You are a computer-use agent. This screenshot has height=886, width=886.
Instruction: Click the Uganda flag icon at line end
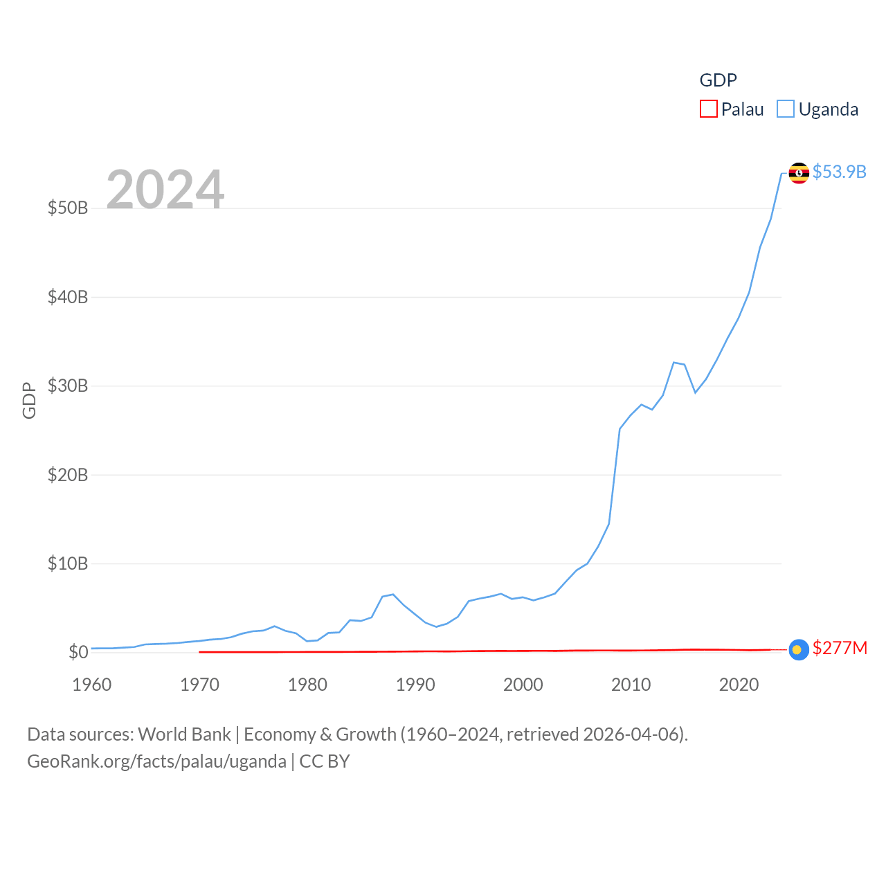[x=799, y=172]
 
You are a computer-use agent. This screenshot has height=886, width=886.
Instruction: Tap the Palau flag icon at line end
[x=799, y=649]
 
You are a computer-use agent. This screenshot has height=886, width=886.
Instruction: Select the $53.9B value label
[x=839, y=172]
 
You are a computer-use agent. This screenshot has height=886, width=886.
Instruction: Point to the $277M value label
[x=840, y=648]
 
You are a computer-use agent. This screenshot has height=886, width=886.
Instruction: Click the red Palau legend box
[x=708, y=109]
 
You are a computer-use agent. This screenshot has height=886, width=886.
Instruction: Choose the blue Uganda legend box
[x=786, y=109]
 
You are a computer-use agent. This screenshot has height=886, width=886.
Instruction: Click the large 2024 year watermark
[x=165, y=190]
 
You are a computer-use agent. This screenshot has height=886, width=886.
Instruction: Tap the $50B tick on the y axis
[x=68, y=208]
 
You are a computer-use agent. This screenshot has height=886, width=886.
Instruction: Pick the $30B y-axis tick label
[x=68, y=386]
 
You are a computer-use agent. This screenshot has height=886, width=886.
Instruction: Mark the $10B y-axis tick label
[x=68, y=563]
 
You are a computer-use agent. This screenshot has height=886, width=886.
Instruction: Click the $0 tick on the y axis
[x=78, y=652]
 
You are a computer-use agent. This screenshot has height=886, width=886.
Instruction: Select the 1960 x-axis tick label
[x=92, y=685]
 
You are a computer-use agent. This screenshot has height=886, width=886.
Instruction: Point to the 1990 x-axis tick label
[x=415, y=685]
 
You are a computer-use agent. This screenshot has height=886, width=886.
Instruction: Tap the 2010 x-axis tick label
[x=631, y=685]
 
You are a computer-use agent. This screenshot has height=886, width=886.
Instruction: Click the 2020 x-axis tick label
[x=739, y=685]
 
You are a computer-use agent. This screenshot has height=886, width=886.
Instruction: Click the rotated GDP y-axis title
[x=29, y=400]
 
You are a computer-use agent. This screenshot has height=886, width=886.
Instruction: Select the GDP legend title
[x=718, y=80]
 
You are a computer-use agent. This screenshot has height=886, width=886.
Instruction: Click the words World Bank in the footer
[x=184, y=734]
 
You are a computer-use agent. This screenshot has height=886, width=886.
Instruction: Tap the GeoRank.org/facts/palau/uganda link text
[x=156, y=761]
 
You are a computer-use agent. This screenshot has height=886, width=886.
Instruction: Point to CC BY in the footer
[x=325, y=761]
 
